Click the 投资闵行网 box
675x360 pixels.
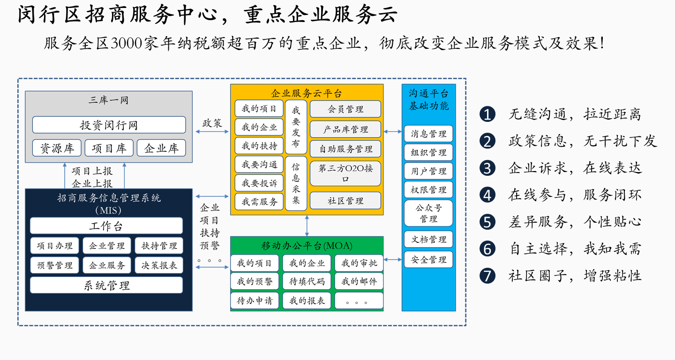coord(109,125)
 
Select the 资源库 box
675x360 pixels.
coord(57,148)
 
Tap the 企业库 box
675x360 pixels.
coord(161,148)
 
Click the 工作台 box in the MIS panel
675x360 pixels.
coord(106,226)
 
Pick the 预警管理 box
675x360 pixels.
coord(54,265)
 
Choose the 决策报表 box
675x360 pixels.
coord(159,265)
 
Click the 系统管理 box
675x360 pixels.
coord(106,285)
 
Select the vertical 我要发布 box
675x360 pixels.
coord(296,127)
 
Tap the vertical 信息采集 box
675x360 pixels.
coord(296,183)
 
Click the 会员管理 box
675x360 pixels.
coord(345,109)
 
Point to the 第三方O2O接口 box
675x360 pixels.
coord(345,173)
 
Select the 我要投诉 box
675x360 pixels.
coord(259,183)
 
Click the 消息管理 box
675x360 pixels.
coord(428,134)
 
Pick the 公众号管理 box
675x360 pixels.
coord(428,213)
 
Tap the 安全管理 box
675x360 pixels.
coord(428,259)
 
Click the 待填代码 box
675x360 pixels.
coord(307,281)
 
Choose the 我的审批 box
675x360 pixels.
coord(359,263)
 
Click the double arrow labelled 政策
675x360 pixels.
coord(212,132)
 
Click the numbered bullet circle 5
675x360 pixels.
coord(487,222)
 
